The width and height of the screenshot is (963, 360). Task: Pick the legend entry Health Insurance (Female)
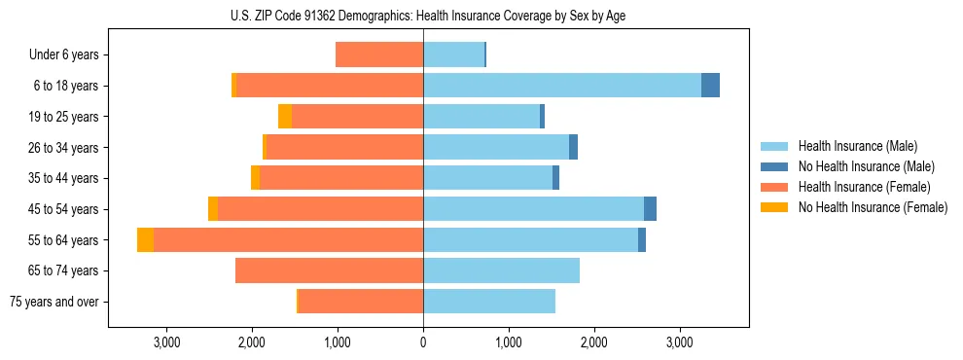click(x=864, y=187)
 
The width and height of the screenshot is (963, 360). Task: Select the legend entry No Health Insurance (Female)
click(x=873, y=207)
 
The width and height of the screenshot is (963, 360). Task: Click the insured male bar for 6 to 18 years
click(x=562, y=86)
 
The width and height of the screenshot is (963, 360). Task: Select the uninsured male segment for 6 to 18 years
click(x=710, y=86)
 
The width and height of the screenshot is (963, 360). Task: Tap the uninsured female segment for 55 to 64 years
click(x=145, y=239)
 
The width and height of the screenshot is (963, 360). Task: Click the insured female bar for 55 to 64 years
click(x=288, y=239)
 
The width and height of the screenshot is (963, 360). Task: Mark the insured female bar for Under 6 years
click(x=379, y=55)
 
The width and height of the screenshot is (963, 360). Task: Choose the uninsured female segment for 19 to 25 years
click(x=285, y=117)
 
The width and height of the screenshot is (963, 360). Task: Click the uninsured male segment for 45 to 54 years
click(x=650, y=209)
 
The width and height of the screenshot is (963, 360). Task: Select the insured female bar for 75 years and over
click(x=361, y=302)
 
